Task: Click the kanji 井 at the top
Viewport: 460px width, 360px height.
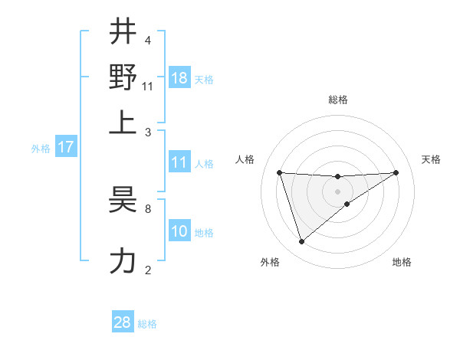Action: click(123, 33)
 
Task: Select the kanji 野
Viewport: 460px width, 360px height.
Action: click(123, 77)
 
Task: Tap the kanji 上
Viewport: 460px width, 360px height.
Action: click(123, 121)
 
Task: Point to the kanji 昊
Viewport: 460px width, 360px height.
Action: click(123, 201)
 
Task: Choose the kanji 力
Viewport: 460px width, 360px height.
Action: click(123, 260)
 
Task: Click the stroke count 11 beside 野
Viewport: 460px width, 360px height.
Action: click(148, 87)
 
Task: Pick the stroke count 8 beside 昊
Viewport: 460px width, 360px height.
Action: click(147, 208)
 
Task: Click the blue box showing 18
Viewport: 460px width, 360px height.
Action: click(179, 77)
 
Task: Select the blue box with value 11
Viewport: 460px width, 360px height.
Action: click(179, 162)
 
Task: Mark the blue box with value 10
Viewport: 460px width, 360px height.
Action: click(179, 231)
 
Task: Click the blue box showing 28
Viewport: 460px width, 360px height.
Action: click(123, 322)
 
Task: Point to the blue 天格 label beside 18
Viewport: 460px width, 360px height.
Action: click(204, 80)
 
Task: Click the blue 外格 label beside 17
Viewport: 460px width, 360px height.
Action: click(41, 149)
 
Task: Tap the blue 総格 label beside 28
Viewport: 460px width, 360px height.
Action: click(147, 324)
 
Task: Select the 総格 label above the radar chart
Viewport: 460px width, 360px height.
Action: click(338, 100)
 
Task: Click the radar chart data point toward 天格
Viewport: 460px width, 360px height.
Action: click(396, 172)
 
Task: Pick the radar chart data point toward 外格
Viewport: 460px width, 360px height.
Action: click(301, 242)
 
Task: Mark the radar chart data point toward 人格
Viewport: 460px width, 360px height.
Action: click(280, 172)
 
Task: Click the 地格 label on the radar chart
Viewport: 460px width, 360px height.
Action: click(402, 262)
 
